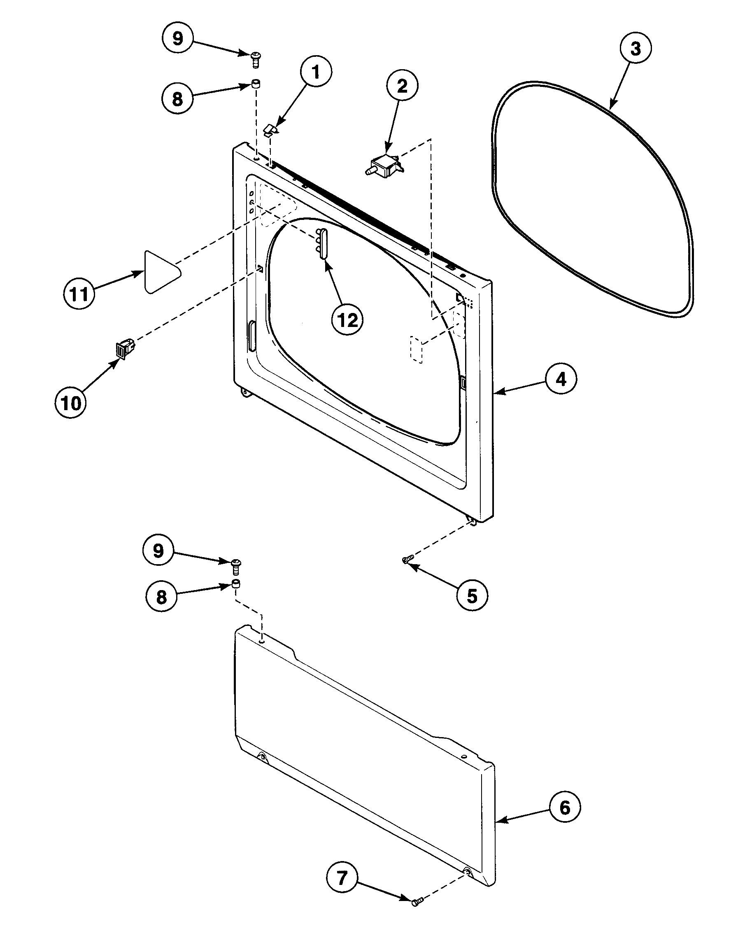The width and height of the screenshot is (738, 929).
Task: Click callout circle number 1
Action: (316, 72)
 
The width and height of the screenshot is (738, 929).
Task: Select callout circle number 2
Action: (402, 86)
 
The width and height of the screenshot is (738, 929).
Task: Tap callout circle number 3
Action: (636, 49)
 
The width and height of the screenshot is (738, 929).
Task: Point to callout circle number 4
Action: (561, 379)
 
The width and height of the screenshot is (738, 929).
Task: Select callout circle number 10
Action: (71, 404)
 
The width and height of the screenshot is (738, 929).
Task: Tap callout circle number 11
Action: (79, 295)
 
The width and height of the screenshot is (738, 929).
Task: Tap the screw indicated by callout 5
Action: (407, 560)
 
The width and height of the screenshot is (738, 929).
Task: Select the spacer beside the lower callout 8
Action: (236, 584)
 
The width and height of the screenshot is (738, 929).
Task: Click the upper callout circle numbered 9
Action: (178, 38)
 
